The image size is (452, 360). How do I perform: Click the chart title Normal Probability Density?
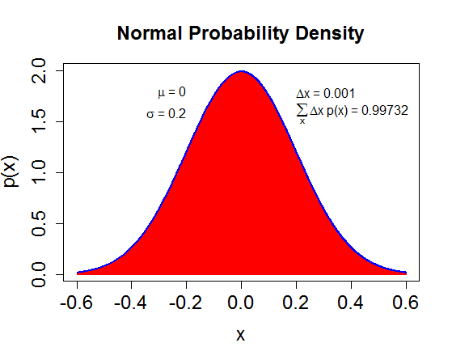click(240, 34)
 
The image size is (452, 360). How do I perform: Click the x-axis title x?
click(240, 335)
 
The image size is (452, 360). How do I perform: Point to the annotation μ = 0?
click(171, 92)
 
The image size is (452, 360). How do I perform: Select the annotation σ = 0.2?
click(167, 114)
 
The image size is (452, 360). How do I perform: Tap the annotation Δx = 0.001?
click(326, 94)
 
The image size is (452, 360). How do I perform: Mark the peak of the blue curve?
click(241, 71)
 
